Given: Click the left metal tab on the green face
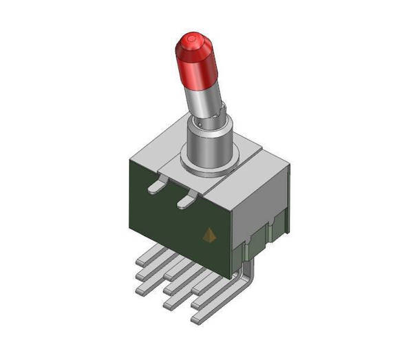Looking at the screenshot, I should pyautogui.click(x=158, y=184).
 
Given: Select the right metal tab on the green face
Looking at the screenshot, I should pyautogui.click(x=187, y=200).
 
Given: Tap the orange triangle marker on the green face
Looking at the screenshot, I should pyautogui.click(x=209, y=235).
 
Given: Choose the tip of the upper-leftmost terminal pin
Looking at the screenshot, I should pyautogui.click(x=140, y=262).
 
